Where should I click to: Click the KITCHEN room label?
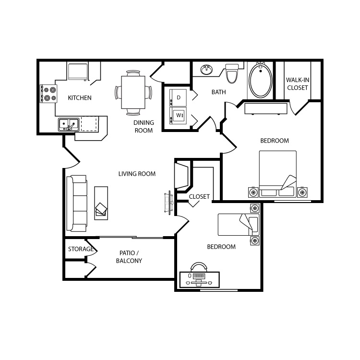80,98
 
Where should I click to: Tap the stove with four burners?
48,94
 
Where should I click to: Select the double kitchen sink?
69,125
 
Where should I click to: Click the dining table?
133,92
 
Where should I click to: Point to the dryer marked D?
178,97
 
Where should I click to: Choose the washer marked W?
178,115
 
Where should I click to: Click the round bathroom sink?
206,70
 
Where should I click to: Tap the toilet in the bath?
232,73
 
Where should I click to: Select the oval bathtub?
261,80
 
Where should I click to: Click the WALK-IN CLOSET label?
298,84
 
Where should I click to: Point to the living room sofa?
77,204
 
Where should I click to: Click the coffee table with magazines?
101,203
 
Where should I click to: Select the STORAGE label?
81,249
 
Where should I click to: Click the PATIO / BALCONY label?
129,257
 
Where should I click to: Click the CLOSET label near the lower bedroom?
199,196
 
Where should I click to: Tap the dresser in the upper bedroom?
266,108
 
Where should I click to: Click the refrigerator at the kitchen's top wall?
78,72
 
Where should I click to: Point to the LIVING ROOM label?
137,174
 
